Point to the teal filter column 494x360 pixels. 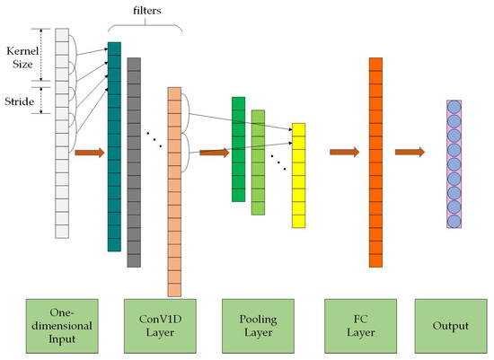point(114,147)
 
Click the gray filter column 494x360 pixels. point(134,162)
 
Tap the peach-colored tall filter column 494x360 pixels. point(174,192)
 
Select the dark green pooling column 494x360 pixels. point(238,149)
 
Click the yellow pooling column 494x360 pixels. point(298,174)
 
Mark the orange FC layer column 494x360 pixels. point(375,162)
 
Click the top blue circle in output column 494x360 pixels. point(454,109)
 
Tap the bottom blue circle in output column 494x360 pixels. point(454,220)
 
